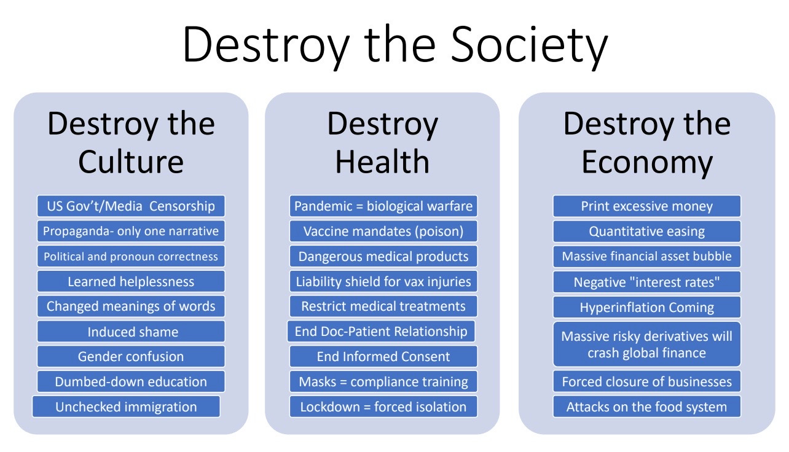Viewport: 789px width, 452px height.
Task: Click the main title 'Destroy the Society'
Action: (394, 45)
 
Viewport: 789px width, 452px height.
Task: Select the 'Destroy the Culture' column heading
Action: (131, 142)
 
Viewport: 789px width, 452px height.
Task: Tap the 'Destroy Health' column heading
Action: (382, 142)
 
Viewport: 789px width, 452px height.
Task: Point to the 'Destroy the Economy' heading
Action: (646, 142)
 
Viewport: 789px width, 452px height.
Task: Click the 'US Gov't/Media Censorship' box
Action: (131, 206)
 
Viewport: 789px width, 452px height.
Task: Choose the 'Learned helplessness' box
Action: (131, 281)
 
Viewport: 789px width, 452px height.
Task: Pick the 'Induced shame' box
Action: (131, 332)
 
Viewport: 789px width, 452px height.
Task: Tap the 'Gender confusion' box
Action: (131, 356)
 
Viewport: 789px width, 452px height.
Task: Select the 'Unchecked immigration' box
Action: (126, 407)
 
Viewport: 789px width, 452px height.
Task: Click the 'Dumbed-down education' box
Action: (131, 381)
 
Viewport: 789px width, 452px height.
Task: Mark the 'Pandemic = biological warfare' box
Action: (383, 206)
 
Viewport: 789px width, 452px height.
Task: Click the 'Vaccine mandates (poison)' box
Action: (383, 231)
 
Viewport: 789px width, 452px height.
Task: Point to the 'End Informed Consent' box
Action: (383, 356)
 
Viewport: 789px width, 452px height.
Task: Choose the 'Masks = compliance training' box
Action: (383, 381)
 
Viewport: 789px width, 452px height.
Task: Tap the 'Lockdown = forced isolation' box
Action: (383, 407)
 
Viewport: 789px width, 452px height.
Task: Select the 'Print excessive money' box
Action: (646, 206)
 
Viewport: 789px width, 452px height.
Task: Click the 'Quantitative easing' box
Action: (646, 231)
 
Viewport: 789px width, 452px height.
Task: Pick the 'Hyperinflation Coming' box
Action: (646, 306)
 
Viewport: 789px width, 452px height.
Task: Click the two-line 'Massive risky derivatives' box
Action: (646, 344)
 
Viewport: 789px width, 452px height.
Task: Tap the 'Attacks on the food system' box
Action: (646, 407)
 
